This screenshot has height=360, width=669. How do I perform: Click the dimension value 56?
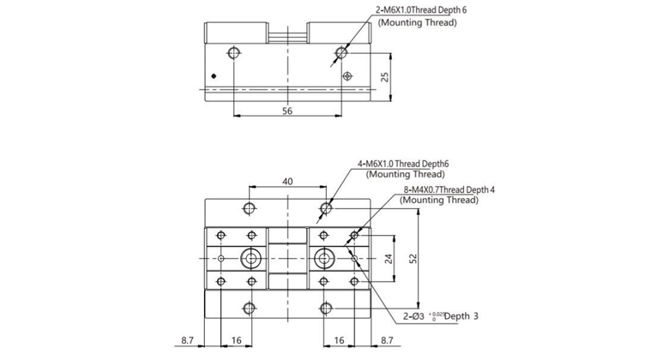click(x=287, y=111)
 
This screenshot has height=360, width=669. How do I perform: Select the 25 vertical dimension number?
click(x=386, y=76)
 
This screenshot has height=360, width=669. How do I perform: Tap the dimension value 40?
click(x=287, y=182)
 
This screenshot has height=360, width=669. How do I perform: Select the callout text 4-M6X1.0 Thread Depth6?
click(x=404, y=163)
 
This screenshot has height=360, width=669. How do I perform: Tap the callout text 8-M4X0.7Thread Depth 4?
click(x=449, y=189)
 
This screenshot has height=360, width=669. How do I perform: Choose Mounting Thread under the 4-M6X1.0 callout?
click(x=400, y=174)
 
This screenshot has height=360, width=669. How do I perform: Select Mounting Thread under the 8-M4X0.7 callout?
click(x=438, y=201)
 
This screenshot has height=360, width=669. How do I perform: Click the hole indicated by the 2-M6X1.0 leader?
click(x=341, y=53)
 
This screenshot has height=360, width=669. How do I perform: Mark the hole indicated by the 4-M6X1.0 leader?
click(x=326, y=207)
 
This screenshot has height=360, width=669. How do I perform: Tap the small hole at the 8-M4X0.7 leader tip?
click(x=351, y=235)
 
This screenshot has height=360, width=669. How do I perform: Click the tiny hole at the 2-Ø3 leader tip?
click(x=352, y=258)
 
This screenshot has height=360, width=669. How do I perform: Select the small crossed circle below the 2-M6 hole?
click(x=347, y=75)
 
